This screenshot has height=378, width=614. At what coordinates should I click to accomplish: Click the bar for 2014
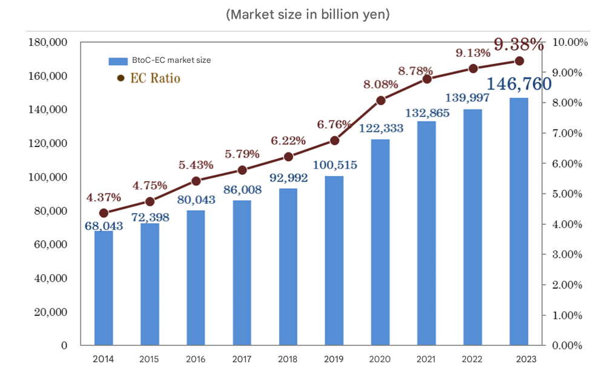[x=104, y=288]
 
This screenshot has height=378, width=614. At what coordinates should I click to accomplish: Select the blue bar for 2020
[x=380, y=242]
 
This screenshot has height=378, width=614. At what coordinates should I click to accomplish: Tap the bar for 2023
[x=519, y=221]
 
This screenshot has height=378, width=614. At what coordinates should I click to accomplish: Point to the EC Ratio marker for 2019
[x=334, y=140]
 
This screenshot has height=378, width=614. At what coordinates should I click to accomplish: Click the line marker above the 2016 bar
[x=196, y=181]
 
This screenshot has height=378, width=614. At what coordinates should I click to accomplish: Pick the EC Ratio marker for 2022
[x=473, y=68]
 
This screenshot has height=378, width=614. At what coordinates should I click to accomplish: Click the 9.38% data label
[x=519, y=44]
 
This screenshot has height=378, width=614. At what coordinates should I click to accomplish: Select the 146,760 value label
[x=519, y=83]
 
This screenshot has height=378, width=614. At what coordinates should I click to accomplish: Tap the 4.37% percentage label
[x=104, y=198]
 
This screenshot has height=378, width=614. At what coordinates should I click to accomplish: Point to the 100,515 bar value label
[x=334, y=165]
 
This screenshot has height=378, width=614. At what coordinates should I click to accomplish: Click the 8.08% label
[x=380, y=84]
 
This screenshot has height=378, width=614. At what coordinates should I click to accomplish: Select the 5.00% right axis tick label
[x=568, y=194]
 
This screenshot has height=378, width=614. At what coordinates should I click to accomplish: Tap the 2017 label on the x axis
[x=242, y=359]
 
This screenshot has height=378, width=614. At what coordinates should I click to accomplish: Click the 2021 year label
[x=426, y=359]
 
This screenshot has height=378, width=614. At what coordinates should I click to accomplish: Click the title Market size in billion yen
[x=308, y=15]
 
